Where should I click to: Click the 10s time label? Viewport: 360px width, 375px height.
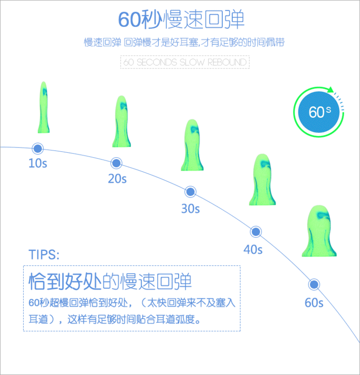tap(37, 163)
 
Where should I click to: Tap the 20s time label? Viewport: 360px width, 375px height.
tap(117, 179)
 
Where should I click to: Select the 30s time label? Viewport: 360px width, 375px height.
tap(190, 209)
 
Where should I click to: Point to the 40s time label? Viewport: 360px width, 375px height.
tap(253, 250)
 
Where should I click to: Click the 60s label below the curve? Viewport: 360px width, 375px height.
tap(314, 303)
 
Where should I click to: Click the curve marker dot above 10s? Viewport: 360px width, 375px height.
tap(37, 148)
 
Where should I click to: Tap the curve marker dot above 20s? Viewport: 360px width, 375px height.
tap(116, 163)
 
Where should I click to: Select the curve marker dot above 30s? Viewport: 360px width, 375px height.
tap(191, 192)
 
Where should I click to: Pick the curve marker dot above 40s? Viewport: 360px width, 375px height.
tap(256, 232)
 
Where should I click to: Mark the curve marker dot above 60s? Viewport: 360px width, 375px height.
tap(314, 285)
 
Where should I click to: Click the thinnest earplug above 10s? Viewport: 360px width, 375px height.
tap(44, 108)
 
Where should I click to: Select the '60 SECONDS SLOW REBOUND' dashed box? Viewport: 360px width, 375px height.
tap(185, 63)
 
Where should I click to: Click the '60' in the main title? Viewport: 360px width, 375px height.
tap(131, 19)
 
